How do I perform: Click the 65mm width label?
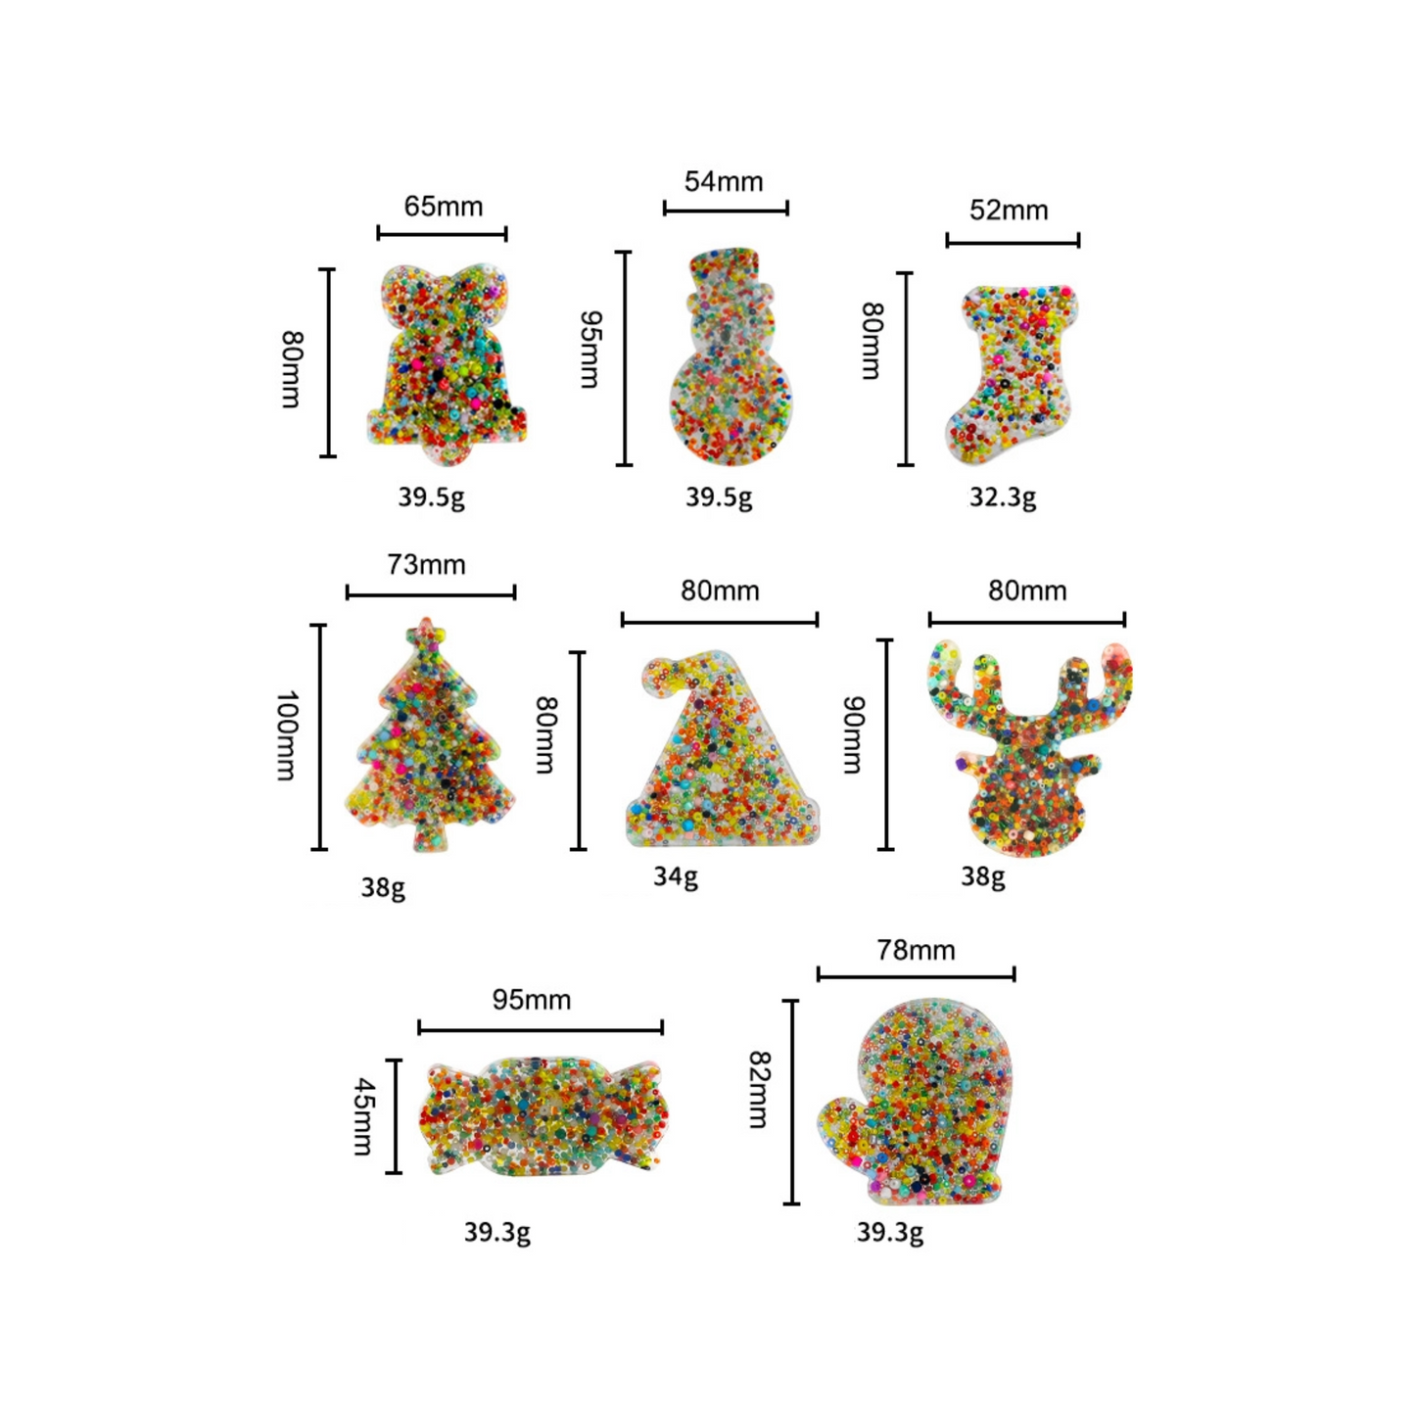pos(443,207)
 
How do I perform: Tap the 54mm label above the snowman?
pos(723,181)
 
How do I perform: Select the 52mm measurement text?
pos(1008,211)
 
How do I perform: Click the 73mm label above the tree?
pos(426,565)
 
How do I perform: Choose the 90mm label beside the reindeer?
pos(854,734)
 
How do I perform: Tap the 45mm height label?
pos(363,1116)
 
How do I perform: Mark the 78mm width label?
pos(916,950)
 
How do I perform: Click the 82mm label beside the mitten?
pos(759,1090)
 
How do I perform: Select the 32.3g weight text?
pos(1002,497)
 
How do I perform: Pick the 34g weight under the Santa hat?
pos(675,876)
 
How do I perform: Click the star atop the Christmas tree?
pos(425,633)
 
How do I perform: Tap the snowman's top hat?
pos(725,267)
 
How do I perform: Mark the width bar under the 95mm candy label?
pos(541,1027)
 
